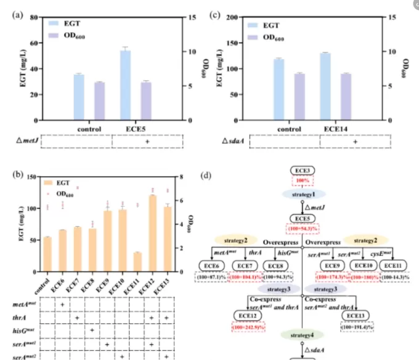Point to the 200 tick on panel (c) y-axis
point(230,17)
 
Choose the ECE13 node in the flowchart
point(354,315)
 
